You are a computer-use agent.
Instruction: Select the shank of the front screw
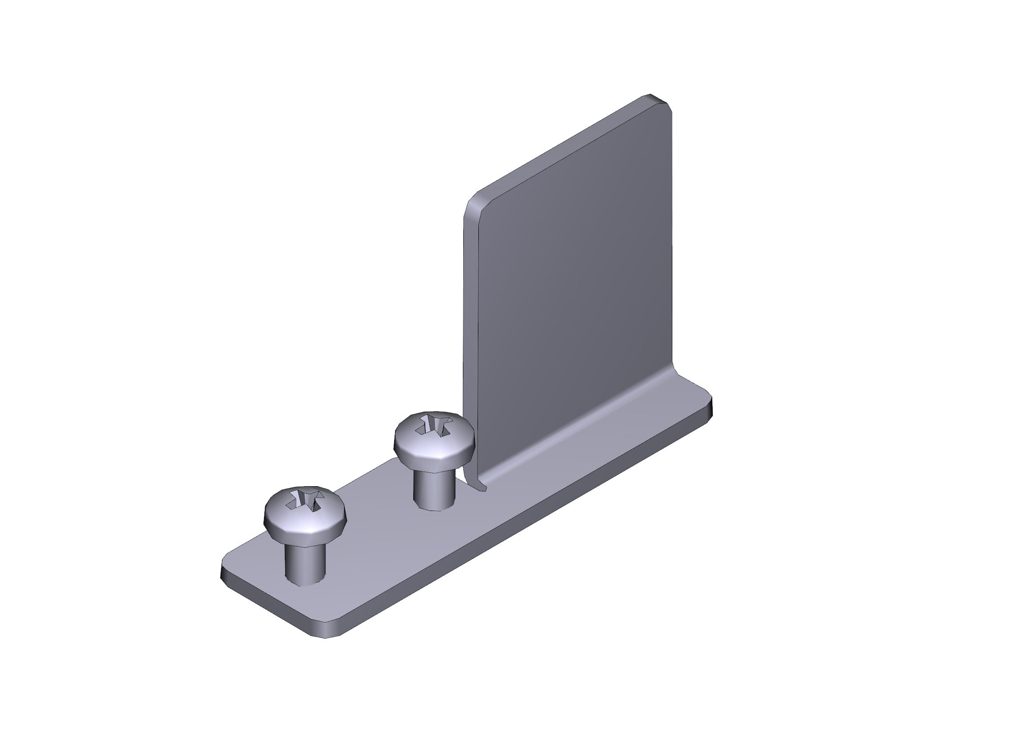coord(305,564)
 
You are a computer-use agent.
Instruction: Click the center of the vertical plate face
coord(569,289)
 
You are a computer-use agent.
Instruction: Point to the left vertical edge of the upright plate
coord(465,316)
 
